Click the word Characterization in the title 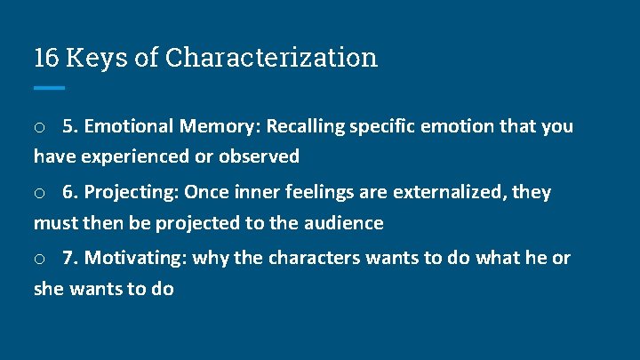271,58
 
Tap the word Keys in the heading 92,58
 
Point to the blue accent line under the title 49,87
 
